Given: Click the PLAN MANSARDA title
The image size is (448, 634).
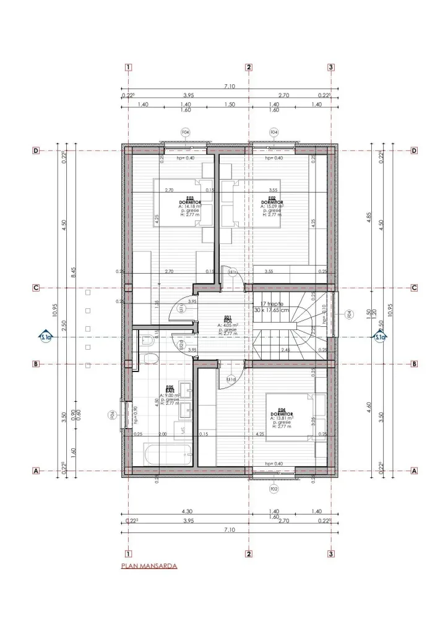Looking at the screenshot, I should pos(149,566).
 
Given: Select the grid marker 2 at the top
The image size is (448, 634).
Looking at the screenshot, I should pos(249,67).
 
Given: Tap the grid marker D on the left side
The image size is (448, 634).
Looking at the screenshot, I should pos(36,150).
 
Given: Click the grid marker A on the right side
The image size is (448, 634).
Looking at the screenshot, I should pos(414,471).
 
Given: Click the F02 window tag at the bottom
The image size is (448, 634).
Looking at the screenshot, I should pos(274,489).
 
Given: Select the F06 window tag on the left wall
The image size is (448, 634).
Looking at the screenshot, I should pos(113,415).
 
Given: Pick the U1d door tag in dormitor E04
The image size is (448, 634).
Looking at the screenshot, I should pos(231,379).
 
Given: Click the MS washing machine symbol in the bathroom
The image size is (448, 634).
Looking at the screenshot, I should pos(183,429).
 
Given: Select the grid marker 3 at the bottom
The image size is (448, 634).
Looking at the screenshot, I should pos(331,554).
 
